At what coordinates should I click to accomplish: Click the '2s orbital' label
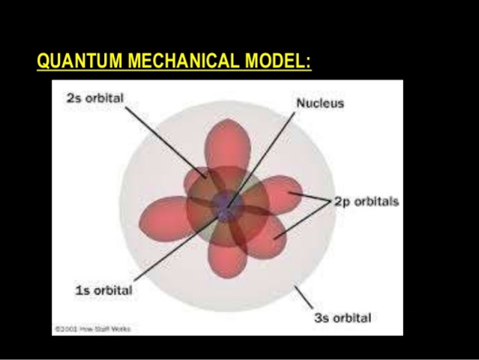pyautogui.click(x=94, y=99)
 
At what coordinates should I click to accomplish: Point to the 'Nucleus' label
pyautogui.click(x=320, y=103)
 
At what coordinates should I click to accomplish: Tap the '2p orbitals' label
pyautogui.click(x=367, y=202)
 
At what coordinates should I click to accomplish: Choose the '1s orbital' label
pyautogui.click(x=104, y=290)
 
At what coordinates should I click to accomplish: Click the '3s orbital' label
pyautogui.click(x=342, y=317)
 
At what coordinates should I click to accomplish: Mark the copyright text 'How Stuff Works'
pyautogui.click(x=83, y=328)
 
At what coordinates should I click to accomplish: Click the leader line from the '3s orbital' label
pyautogui.click(x=305, y=297)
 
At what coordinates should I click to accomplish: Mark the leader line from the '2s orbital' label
pyautogui.click(x=160, y=139)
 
